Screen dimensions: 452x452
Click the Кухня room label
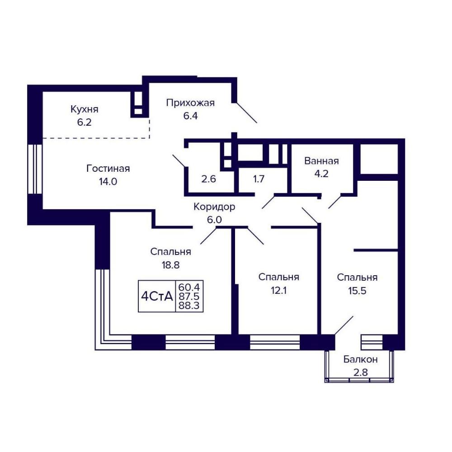pyautogui.click(x=85, y=109)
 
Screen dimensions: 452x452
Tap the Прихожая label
pyautogui.click(x=190, y=103)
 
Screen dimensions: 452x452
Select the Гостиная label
pyautogui.click(x=108, y=168)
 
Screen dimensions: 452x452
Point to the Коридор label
pyautogui.click(x=214, y=207)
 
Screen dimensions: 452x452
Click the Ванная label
pyautogui.click(x=321, y=161)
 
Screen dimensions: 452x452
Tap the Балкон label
pyautogui.click(x=360, y=359)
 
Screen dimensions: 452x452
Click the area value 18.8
pyautogui.click(x=171, y=265)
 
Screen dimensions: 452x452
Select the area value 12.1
pyautogui.click(x=278, y=290)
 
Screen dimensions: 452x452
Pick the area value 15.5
pyautogui.click(x=357, y=291)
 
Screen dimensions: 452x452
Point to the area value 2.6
pyautogui.click(x=208, y=179)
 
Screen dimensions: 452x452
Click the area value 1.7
pyautogui.click(x=259, y=179)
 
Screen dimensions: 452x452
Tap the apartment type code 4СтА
pyautogui.click(x=157, y=297)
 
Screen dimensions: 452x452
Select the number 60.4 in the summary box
pyautogui.click(x=189, y=287)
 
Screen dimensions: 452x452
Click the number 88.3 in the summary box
pyautogui.click(x=189, y=305)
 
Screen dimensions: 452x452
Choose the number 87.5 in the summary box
pyautogui.click(x=189, y=296)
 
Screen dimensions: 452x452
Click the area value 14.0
pyautogui.click(x=108, y=182)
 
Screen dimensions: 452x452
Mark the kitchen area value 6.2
pyautogui.click(x=84, y=122)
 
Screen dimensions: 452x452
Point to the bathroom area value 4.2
pyautogui.click(x=321, y=174)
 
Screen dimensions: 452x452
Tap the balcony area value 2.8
pyautogui.click(x=361, y=372)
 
